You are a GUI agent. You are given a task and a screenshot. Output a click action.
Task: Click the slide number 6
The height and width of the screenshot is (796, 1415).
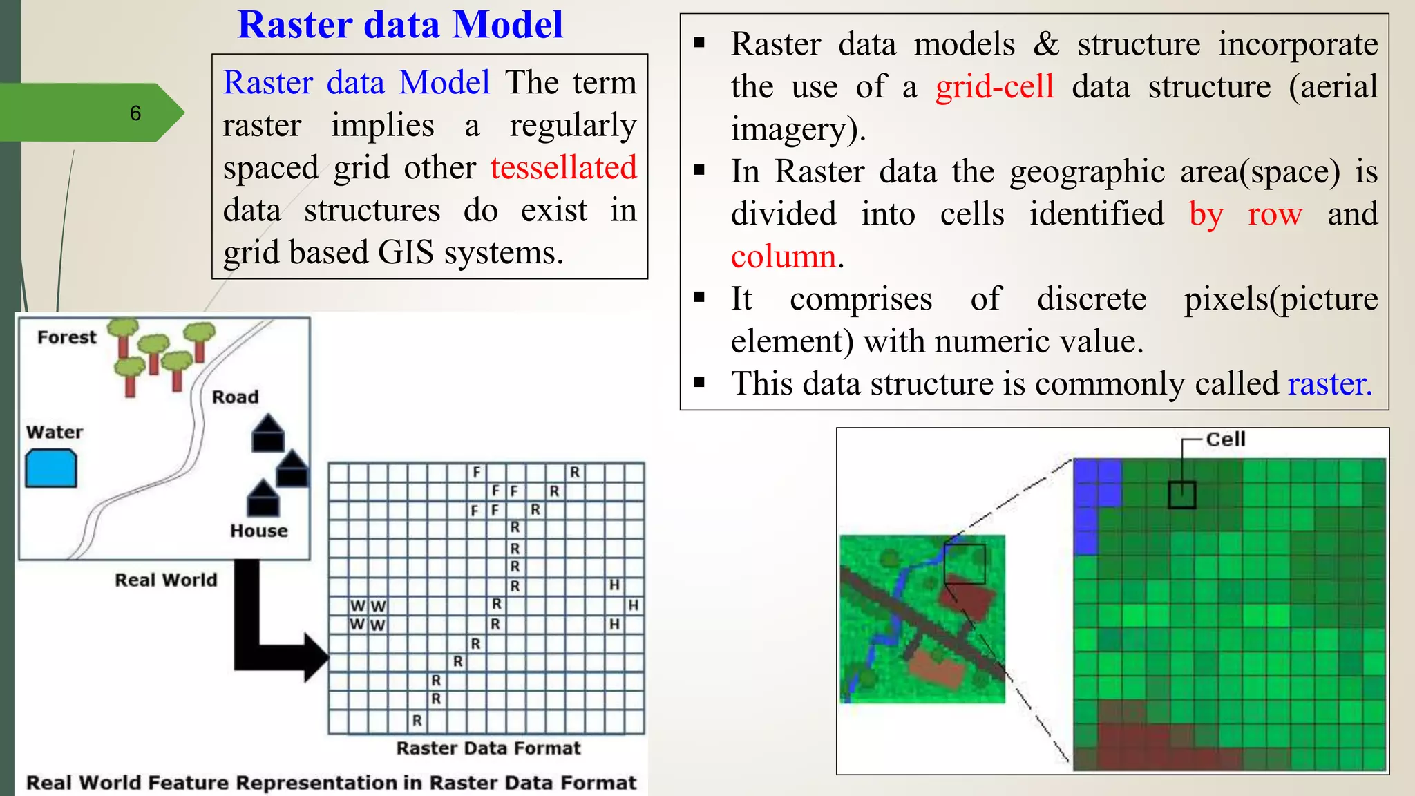pyautogui.click(x=135, y=113)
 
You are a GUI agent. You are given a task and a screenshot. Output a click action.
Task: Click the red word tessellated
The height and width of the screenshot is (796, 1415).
pyautogui.click(x=563, y=168)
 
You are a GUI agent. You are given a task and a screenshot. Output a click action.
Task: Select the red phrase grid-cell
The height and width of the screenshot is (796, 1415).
pyautogui.click(x=994, y=87)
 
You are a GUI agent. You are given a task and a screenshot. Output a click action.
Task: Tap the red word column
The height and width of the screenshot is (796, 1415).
pyautogui.click(x=784, y=257)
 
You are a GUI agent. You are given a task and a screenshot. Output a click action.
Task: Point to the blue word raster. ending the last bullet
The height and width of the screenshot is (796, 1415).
pyautogui.click(x=1329, y=384)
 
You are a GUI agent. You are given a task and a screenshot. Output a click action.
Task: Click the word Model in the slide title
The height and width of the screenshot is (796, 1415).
pyautogui.click(x=508, y=25)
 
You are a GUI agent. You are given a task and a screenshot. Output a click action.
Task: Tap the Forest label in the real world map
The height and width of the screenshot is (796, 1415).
pyautogui.click(x=67, y=337)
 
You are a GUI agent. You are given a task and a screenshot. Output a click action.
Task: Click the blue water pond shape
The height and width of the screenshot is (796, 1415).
pyautogui.click(x=51, y=468)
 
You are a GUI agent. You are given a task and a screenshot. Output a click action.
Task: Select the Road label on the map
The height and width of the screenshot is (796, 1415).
pyautogui.click(x=235, y=397)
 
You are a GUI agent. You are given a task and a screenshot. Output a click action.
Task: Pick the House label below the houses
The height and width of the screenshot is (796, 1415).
pyautogui.click(x=259, y=531)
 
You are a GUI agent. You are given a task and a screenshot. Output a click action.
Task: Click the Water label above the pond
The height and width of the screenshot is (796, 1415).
pyautogui.click(x=55, y=433)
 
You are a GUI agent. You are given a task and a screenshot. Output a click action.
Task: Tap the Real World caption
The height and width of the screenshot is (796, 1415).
pyautogui.click(x=166, y=580)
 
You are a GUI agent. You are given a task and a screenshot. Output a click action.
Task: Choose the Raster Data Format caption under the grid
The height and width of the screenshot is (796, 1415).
pyautogui.click(x=488, y=748)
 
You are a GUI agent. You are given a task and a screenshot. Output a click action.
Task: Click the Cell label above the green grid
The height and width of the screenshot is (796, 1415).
pyautogui.click(x=1225, y=439)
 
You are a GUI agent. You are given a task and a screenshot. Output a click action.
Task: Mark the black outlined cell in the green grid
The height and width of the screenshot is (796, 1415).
pyautogui.click(x=1181, y=495)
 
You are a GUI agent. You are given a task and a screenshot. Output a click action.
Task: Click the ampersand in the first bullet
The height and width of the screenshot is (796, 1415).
pyautogui.click(x=1046, y=45)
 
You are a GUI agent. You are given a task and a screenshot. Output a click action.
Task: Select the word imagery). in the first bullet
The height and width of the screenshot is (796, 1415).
pyautogui.click(x=798, y=130)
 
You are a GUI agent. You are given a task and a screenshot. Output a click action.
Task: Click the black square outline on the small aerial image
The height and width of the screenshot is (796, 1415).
pyautogui.click(x=965, y=564)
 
